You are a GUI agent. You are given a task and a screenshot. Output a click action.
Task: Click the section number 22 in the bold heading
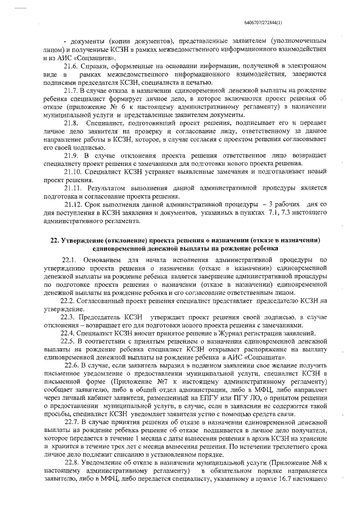click(x=53, y=240)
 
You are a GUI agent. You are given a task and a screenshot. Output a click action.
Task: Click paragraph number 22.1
click(x=70, y=260)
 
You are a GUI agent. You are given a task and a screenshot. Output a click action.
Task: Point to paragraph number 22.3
click(x=70, y=317)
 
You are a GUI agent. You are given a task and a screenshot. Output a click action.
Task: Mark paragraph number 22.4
click(x=70, y=334)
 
